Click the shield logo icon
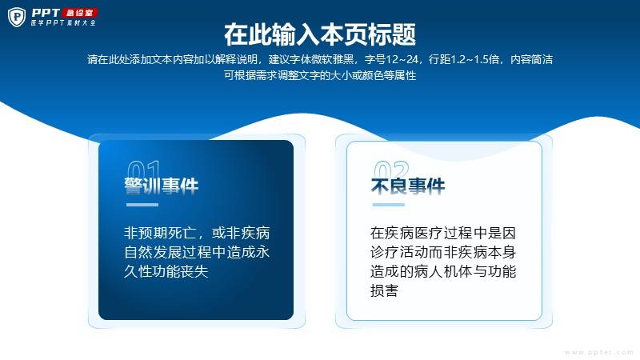pos(17,17)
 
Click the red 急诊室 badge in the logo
pos(79,13)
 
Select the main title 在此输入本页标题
pos(320,34)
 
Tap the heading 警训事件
pos(162,186)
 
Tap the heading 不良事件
pos(408,186)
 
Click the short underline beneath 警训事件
pos(142,205)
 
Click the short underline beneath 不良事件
pos(389,205)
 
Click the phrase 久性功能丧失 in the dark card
pos(166,271)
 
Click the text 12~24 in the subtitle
pos(402,59)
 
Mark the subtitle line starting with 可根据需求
pos(320,75)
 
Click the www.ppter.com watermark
pos(599,352)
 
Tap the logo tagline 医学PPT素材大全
pos(63,23)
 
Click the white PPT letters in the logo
pos(46,13)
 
